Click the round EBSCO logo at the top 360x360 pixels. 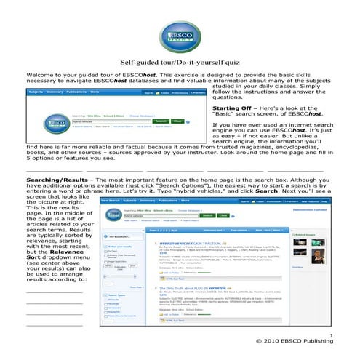pyautogui.click(x=179, y=33)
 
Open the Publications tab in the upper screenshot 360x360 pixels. pyautogui.click(x=78, y=93)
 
